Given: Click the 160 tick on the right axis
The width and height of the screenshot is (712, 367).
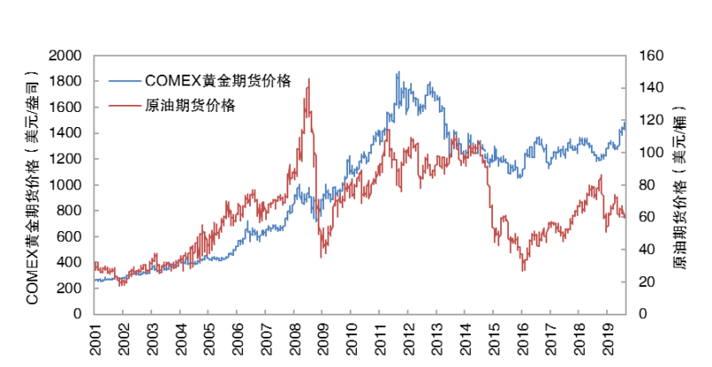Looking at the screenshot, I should coord(647,55).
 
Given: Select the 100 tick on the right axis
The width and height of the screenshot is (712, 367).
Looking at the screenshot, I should coord(647,153).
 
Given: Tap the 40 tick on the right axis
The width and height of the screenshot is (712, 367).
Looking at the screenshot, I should coord(643,250).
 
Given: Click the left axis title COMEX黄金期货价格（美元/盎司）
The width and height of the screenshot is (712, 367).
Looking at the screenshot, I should coord(33,184).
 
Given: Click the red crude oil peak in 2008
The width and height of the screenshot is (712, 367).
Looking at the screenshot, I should coord(308,79).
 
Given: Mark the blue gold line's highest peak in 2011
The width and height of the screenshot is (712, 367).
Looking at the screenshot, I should coord(398,72).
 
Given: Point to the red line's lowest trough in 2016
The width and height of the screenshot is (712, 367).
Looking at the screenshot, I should coord(523,270).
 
